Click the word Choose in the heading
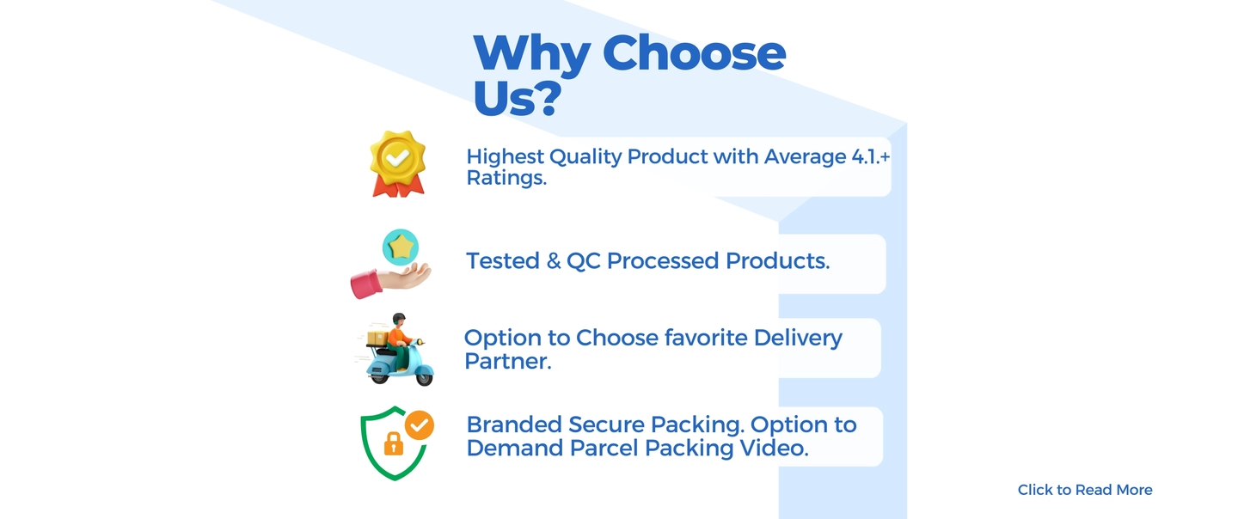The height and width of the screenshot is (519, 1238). (694, 53)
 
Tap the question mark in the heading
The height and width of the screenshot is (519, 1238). (549, 98)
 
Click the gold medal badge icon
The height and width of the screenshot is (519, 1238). (398, 163)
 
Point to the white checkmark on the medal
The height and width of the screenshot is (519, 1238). (397, 158)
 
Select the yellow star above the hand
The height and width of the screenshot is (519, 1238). (401, 247)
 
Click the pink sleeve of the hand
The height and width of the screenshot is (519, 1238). (365, 284)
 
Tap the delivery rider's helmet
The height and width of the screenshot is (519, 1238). (399, 319)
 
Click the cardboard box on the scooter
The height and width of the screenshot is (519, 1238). (377, 339)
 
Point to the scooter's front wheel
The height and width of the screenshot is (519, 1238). (425, 379)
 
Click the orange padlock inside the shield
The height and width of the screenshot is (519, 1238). (393, 443)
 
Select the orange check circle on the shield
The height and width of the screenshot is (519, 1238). (420, 425)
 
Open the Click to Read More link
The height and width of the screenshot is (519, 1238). (1085, 490)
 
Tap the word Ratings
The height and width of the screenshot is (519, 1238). (506, 179)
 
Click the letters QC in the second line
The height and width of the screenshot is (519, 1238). (584, 261)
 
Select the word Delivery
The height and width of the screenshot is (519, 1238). (798, 338)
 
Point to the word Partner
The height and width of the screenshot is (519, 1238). (507, 361)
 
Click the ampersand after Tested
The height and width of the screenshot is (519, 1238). (554, 261)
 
